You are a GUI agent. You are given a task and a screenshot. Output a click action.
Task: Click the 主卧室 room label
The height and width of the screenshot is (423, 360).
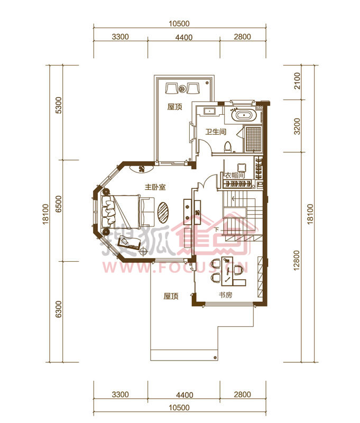[155, 187]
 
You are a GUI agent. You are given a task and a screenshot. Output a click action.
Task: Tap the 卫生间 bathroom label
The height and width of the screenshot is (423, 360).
[216, 132]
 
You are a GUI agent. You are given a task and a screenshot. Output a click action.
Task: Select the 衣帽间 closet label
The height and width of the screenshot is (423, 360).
[235, 176]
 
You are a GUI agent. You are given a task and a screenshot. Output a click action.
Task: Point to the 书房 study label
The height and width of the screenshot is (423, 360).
[225, 295]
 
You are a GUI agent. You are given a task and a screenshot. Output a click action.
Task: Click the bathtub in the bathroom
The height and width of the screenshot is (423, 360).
[244, 115]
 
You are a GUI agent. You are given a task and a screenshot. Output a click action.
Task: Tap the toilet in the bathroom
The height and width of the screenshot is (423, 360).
[228, 146]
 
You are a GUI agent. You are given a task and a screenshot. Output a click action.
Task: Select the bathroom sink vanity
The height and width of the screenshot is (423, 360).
[209, 111]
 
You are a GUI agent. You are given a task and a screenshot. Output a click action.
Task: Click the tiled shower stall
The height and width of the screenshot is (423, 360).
[254, 139]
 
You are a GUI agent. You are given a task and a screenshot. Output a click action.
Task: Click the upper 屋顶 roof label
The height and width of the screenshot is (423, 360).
[175, 107]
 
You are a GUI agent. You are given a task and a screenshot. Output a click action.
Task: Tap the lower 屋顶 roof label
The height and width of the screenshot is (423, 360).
[171, 296]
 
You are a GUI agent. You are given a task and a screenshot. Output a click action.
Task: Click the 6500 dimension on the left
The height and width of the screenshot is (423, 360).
[59, 204]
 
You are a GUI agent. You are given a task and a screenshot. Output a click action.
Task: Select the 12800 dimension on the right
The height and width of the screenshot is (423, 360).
[297, 260]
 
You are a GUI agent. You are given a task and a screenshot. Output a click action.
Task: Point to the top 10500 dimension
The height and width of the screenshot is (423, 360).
[179, 24]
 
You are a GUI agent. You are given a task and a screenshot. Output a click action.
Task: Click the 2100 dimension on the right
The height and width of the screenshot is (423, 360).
[297, 81]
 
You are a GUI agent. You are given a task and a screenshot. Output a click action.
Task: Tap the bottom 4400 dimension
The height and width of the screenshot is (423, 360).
[184, 395]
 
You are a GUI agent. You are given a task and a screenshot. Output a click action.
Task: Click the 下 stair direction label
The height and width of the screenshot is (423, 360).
[216, 230]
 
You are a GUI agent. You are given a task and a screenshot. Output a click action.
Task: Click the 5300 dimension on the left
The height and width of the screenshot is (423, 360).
[59, 105]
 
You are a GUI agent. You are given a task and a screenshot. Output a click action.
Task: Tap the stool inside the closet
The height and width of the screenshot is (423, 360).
[242, 168]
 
